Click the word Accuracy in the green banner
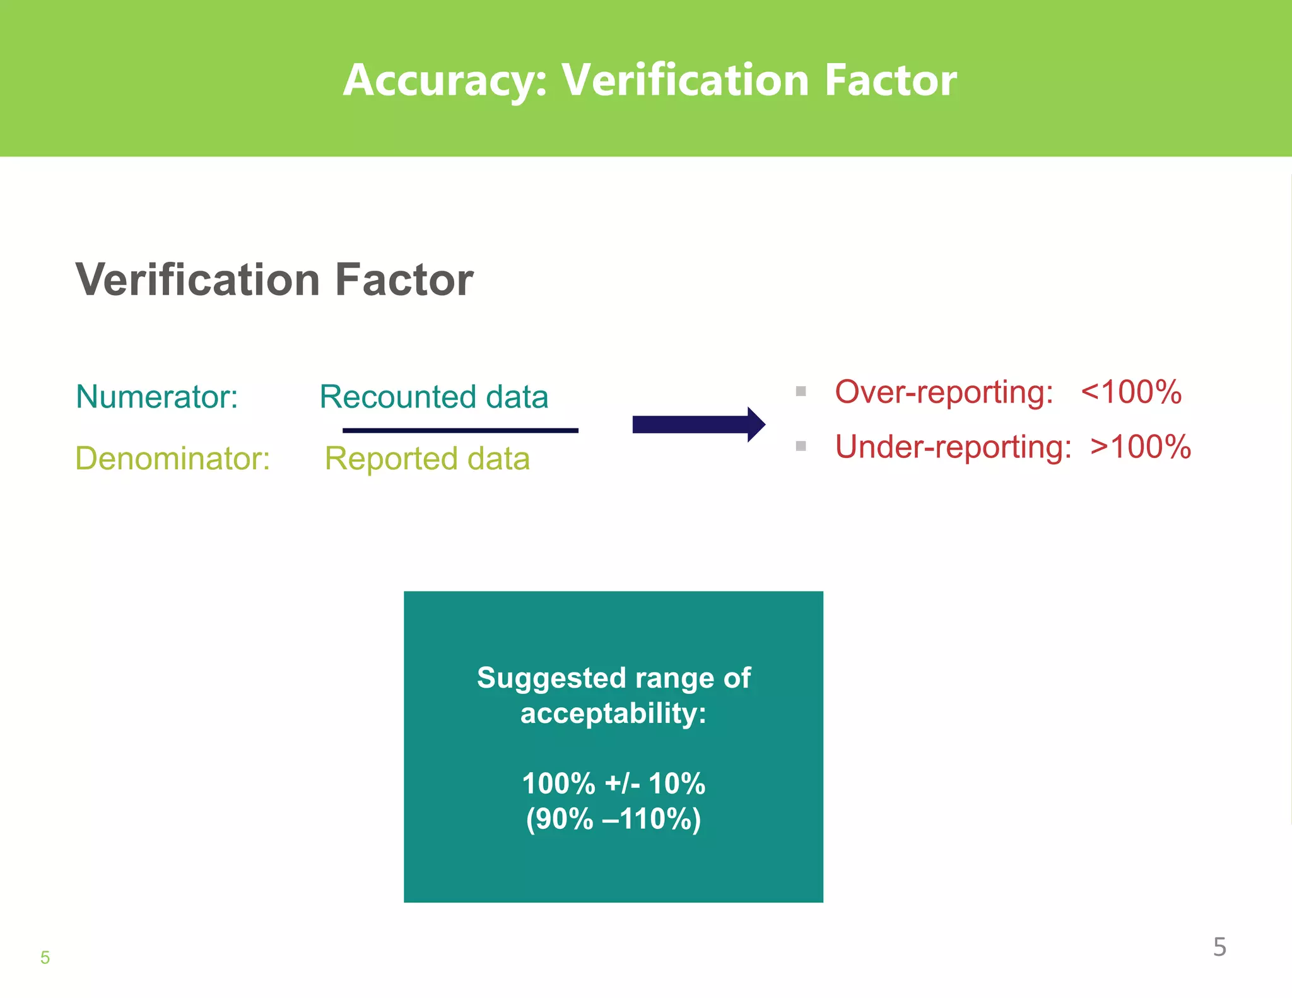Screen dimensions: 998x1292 point(445,81)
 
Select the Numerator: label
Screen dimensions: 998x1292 point(156,397)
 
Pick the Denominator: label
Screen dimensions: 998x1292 point(172,459)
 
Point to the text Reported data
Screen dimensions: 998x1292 point(427,459)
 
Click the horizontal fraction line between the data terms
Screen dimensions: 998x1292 point(460,430)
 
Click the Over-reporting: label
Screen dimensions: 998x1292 point(944,392)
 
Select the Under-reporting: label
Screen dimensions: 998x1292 point(953,447)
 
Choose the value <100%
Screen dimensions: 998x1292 point(1130,392)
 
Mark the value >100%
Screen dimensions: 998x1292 point(1141,447)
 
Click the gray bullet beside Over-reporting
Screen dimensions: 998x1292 point(801,391)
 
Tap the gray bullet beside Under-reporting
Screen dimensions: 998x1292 point(801,446)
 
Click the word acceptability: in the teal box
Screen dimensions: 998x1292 point(613,713)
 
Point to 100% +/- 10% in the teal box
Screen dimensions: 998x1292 point(613,784)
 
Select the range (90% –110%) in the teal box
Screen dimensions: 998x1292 point(613,819)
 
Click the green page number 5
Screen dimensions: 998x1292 point(45,958)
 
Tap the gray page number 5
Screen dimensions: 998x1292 point(1219,947)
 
